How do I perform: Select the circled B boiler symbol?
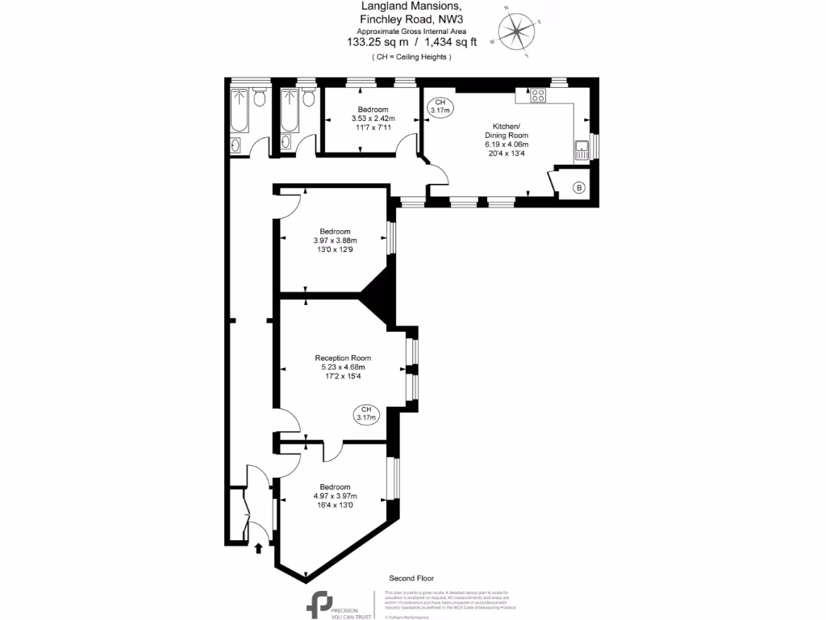click(578, 187)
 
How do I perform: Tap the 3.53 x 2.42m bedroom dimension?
click(373, 119)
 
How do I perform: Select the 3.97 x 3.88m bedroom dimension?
click(335, 240)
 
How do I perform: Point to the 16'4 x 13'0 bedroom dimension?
click(335, 505)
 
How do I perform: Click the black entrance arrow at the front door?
click(258, 549)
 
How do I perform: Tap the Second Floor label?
click(411, 578)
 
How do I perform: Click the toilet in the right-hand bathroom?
click(308, 98)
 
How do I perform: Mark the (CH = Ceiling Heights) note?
click(411, 57)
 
